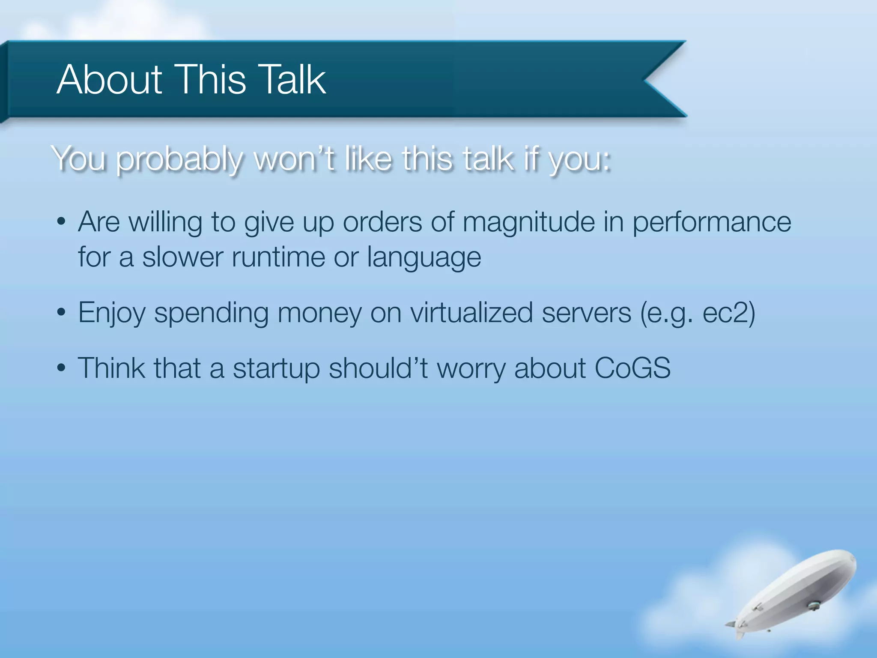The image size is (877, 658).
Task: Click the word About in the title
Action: pos(109,80)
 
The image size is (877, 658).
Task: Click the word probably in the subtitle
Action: pos(180,160)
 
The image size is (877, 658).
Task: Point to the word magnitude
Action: pos(528,222)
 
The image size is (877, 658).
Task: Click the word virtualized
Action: pos(471,313)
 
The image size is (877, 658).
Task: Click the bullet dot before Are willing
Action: pos(61,222)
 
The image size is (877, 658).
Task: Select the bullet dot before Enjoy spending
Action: pos(61,313)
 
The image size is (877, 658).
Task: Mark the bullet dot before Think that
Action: pos(61,368)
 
